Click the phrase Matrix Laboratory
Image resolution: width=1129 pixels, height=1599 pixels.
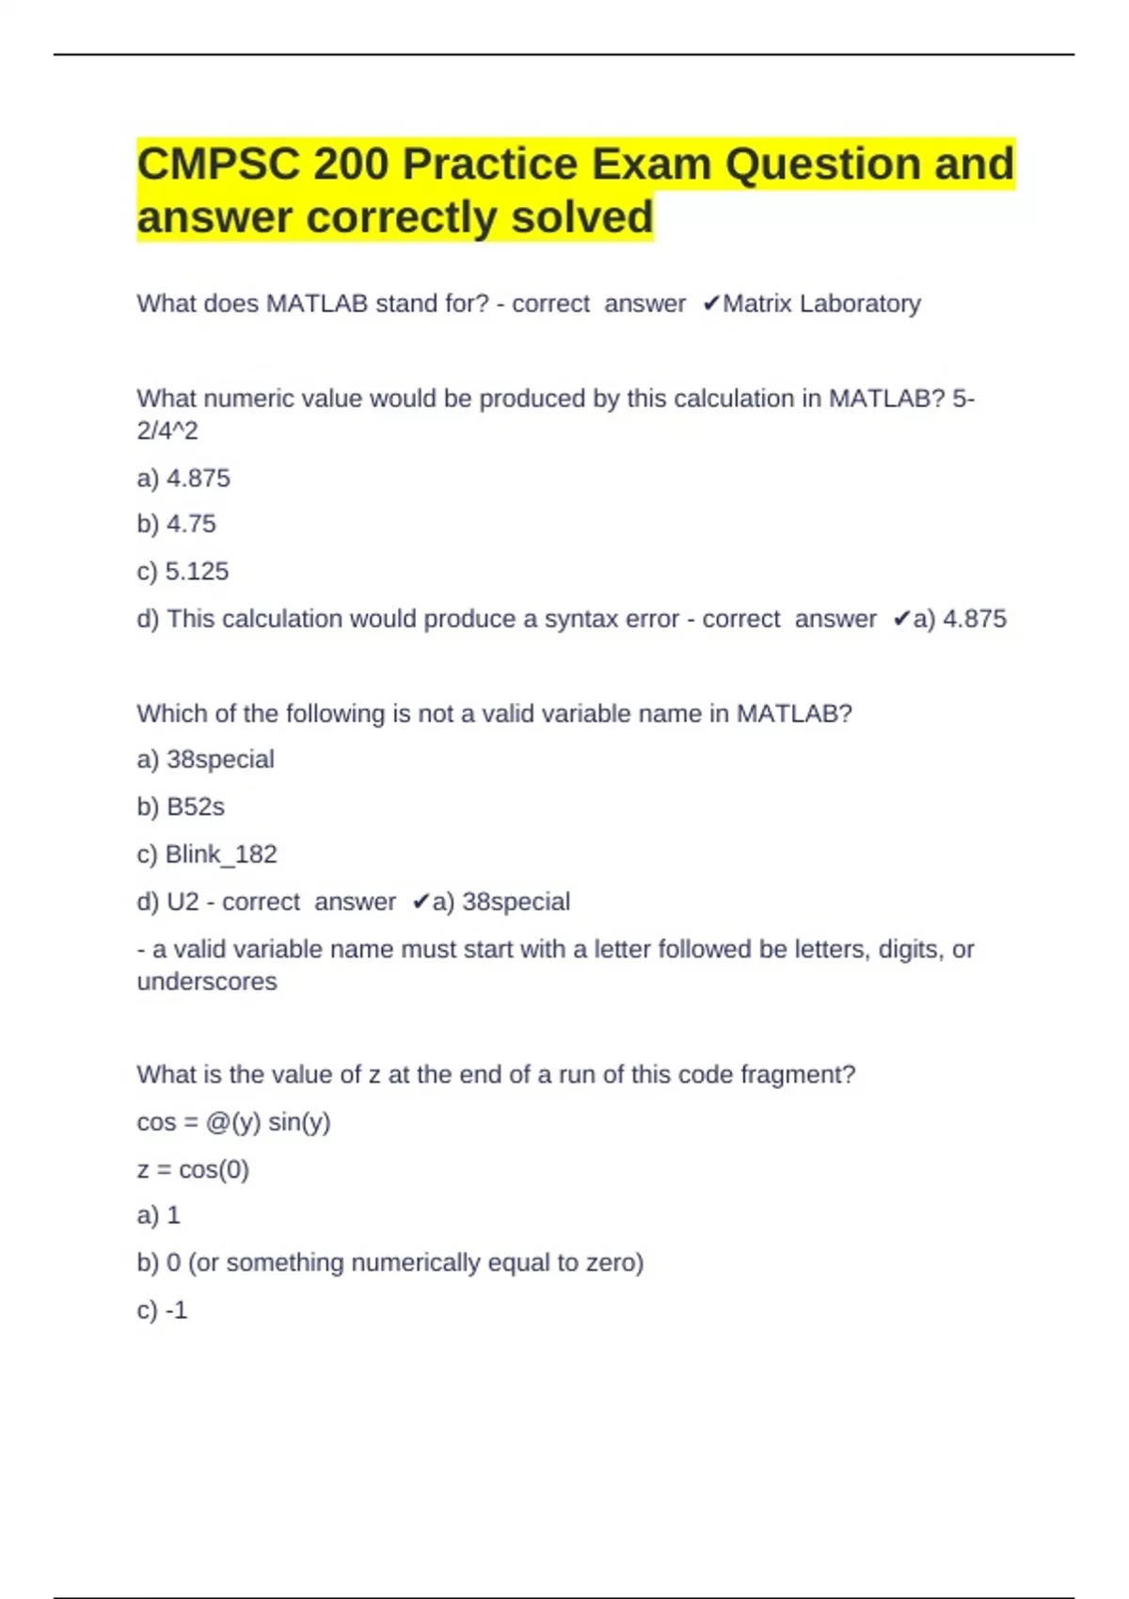tap(821, 304)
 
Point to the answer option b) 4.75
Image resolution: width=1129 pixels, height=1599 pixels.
tap(176, 524)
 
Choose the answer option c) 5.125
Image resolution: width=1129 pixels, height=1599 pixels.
tap(183, 572)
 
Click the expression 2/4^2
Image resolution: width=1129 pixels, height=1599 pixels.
tap(167, 431)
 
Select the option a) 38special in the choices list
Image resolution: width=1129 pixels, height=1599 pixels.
tap(205, 759)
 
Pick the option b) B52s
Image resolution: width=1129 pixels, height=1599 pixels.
tap(181, 807)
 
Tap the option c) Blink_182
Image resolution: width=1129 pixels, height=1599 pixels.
tap(207, 854)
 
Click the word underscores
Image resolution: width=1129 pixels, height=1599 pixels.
tap(207, 982)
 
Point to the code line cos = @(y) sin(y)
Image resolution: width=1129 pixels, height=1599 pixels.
tap(233, 1122)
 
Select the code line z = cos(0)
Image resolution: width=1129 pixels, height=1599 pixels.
tap(193, 1169)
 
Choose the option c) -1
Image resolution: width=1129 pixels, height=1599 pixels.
tap(162, 1310)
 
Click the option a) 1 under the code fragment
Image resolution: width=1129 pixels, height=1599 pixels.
tap(158, 1215)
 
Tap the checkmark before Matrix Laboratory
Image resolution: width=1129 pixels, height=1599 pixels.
tap(711, 304)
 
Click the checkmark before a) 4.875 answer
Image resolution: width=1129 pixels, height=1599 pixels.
tap(901, 619)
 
